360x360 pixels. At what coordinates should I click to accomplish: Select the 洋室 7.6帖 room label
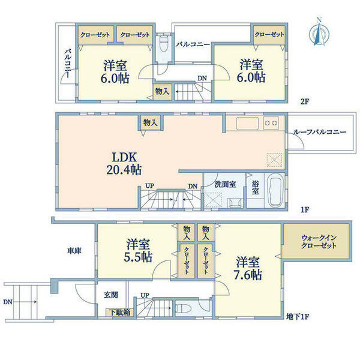tap(248, 268)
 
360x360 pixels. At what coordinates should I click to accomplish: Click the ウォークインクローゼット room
tap(305, 242)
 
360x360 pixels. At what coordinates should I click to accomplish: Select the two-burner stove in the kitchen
tap(271, 123)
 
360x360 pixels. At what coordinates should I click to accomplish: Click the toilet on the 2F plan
tap(164, 44)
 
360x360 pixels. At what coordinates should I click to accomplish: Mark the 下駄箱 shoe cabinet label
tap(120, 312)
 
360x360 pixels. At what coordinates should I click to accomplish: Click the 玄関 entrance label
tap(110, 294)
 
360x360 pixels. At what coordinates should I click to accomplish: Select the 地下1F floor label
tap(297, 316)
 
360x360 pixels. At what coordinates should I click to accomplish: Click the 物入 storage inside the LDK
tap(151, 122)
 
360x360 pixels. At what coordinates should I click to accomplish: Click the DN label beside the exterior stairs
tap(7, 302)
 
